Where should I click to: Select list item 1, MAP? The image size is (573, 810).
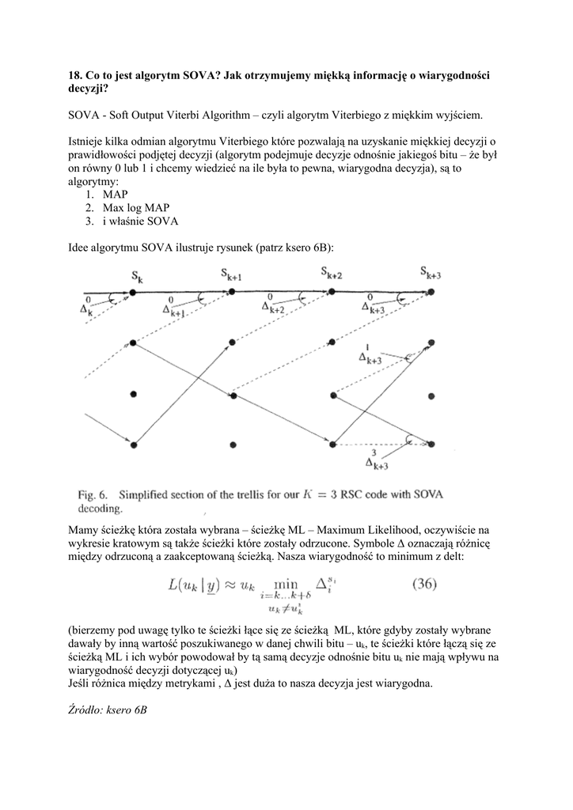tap(115, 194)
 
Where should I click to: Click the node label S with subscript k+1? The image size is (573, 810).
tap(231, 276)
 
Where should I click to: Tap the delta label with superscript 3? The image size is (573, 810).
tap(376, 461)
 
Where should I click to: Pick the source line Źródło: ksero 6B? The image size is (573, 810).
tap(108, 710)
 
